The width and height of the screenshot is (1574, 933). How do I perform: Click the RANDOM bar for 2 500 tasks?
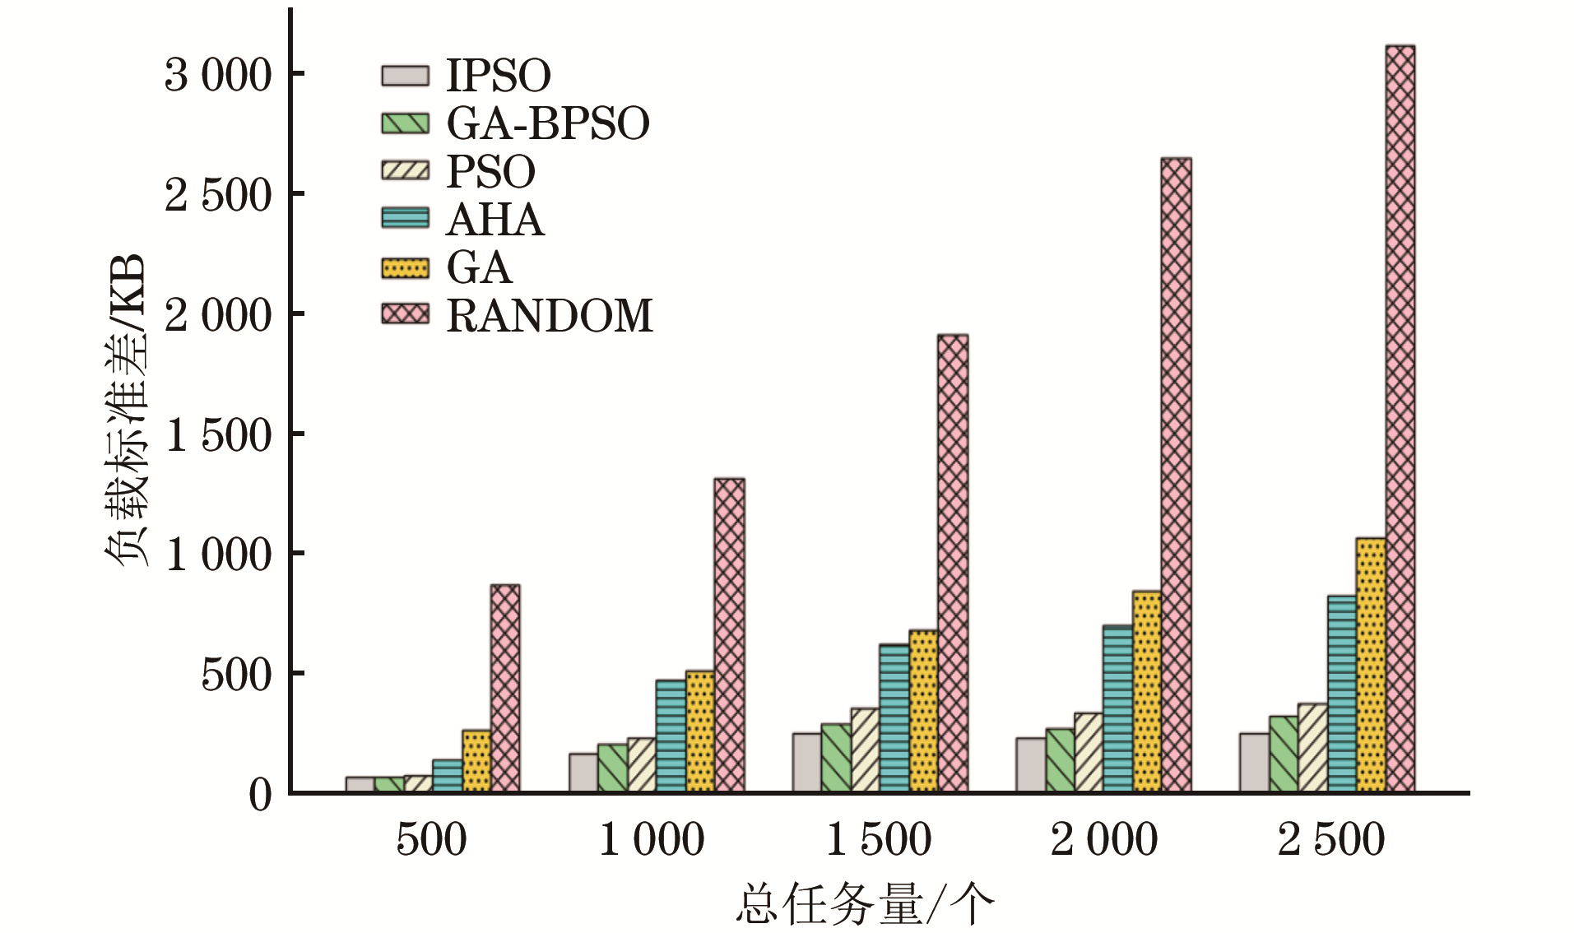[1400, 419]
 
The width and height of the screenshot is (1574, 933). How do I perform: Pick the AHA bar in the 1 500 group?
[894, 717]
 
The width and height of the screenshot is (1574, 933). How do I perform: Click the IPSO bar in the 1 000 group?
[583, 773]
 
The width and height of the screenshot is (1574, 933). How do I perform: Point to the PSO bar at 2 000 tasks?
[1088, 752]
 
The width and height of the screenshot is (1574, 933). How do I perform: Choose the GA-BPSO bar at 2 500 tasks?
[1283, 754]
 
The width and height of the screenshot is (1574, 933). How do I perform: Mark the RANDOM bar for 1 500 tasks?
[953, 563]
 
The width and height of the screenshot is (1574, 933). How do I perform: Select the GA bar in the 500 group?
[476, 761]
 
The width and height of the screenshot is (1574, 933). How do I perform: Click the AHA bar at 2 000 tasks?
[1117, 708]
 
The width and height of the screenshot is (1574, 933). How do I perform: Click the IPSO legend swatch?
[405, 76]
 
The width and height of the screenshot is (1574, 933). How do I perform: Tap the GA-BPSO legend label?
[548, 123]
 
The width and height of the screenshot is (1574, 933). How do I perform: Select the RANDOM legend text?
[550, 316]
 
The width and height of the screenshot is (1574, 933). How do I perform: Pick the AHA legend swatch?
[405, 219]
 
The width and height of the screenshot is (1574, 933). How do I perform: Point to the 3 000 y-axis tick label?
[217, 75]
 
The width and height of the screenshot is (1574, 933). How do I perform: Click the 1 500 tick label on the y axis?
[217, 434]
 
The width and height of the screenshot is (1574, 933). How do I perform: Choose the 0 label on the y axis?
[260, 795]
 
